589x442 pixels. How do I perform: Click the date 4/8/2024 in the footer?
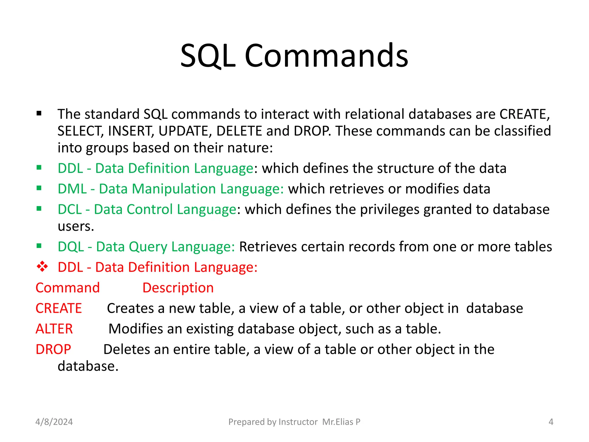(x=54, y=422)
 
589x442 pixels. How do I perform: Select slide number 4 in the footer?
(x=551, y=422)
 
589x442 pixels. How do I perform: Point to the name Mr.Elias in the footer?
(x=338, y=422)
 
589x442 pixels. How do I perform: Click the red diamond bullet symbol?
(x=42, y=267)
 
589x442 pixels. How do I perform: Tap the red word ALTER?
(x=54, y=329)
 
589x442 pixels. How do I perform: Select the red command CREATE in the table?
(x=59, y=308)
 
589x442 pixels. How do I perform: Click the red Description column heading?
(x=178, y=288)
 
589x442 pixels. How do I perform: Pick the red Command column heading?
(x=68, y=288)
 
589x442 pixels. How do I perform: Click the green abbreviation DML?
(x=72, y=189)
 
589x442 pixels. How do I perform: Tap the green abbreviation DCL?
(x=70, y=209)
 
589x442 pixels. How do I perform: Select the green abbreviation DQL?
(x=70, y=247)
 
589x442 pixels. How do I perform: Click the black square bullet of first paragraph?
(x=39, y=114)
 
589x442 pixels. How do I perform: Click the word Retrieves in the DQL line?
(x=268, y=247)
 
